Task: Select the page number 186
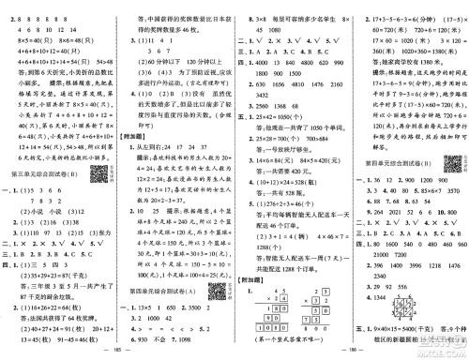350,354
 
